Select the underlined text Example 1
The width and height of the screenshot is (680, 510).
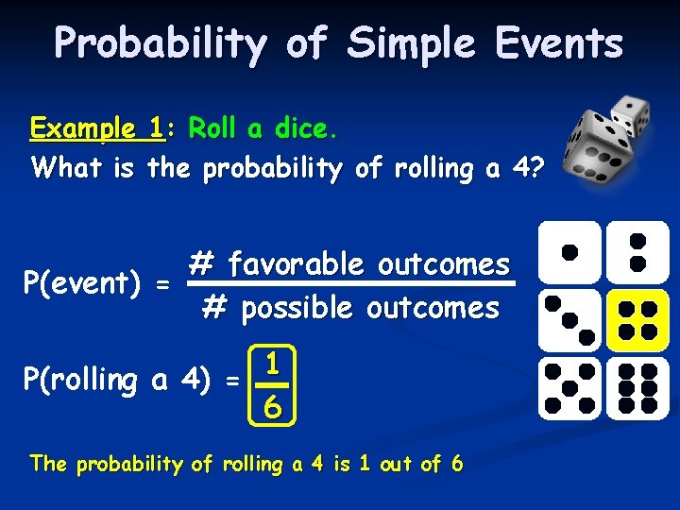tap(96, 127)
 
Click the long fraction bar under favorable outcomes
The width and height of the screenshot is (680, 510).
tap(351, 284)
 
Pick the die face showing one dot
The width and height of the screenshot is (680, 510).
tap(569, 252)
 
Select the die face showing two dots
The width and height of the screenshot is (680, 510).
tap(637, 252)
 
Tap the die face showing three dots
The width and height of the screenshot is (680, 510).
tap(569, 320)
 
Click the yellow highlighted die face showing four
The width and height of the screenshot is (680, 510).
tap(637, 320)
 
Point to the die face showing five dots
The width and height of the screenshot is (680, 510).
tap(569, 388)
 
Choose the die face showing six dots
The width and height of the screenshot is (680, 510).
tap(637, 388)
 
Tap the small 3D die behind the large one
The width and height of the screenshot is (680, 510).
tap(628, 113)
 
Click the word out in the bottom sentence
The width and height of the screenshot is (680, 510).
tap(391, 464)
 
